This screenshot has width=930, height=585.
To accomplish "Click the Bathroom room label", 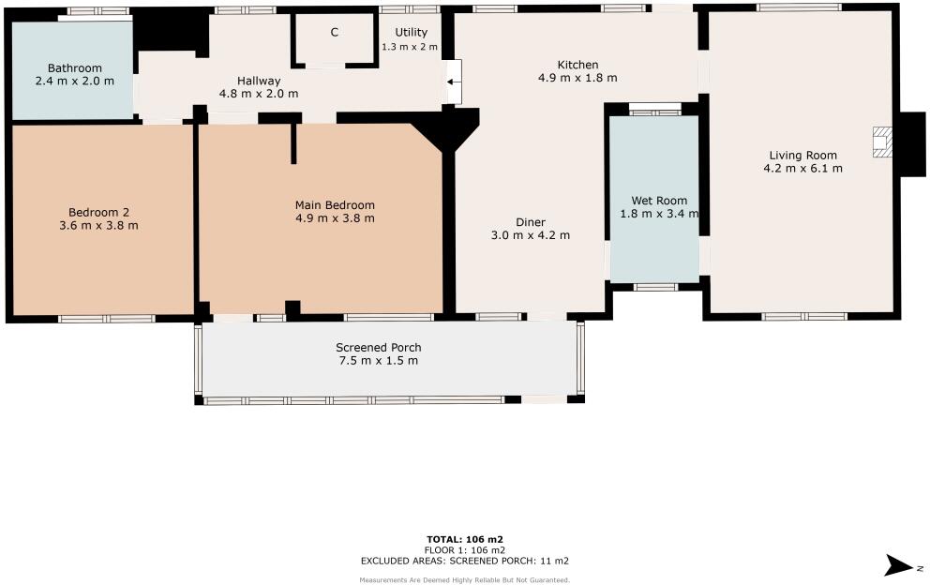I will (x=75, y=68).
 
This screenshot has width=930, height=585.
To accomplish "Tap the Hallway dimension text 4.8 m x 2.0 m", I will (x=259, y=94).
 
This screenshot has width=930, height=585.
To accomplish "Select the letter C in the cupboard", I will (x=334, y=33).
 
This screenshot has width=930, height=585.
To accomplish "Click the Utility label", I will (x=411, y=33).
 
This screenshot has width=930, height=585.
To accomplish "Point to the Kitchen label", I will (x=577, y=65).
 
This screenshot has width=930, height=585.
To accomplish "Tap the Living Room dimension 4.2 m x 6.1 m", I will (x=802, y=169).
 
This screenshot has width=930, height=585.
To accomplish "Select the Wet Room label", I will (x=659, y=201).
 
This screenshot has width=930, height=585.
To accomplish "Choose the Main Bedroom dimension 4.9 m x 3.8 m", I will (x=335, y=218).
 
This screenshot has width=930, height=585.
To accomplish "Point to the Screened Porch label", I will (x=378, y=348).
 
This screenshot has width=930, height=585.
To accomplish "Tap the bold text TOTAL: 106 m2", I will (x=465, y=539).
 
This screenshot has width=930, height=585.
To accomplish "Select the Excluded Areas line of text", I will (x=465, y=561).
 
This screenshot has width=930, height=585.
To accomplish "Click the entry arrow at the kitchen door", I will (x=453, y=82).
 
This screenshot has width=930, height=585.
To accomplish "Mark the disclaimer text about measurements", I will (x=465, y=579).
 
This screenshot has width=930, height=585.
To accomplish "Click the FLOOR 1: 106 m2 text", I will (x=465, y=549).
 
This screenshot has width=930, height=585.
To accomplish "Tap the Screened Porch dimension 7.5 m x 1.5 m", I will (x=378, y=361).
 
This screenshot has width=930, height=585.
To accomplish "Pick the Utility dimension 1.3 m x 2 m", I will (x=410, y=46).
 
